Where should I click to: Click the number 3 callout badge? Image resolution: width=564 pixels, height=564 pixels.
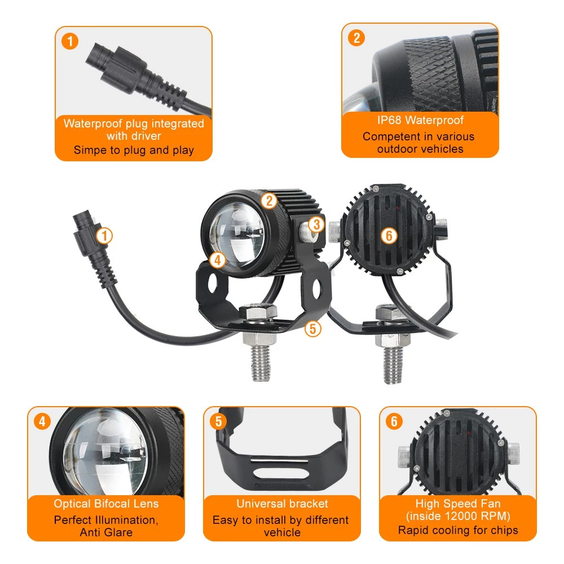[x=316, y=224]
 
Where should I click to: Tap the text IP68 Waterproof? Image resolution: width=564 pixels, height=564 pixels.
[x=420, y=120]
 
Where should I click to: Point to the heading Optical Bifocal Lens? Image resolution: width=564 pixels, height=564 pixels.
[x=106, y=504]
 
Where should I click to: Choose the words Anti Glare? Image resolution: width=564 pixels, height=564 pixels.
[x=106, y=532]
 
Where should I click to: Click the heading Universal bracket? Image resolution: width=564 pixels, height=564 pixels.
[x=282, y=504]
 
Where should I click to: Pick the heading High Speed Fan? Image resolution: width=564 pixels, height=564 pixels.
[x=457, y=504]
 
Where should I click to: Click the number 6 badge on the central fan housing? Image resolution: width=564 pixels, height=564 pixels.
[x=389, y=236]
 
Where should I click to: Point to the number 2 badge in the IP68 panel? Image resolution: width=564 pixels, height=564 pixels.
[x=356, y=38]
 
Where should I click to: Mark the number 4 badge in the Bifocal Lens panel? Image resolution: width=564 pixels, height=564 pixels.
[x=42, y=421]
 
